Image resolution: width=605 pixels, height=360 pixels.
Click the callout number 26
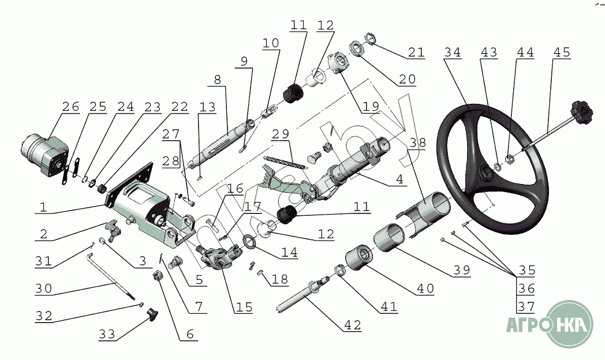[x=70, y=108]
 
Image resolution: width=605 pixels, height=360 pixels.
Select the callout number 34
[x=453, y=52]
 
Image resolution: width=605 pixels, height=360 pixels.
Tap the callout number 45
[x=561, y=52]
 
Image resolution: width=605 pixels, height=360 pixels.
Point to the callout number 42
[x=352, y=325]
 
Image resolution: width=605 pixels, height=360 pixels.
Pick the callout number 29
[x=281, y=134]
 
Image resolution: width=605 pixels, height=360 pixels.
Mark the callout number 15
[x=244, y=307]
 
